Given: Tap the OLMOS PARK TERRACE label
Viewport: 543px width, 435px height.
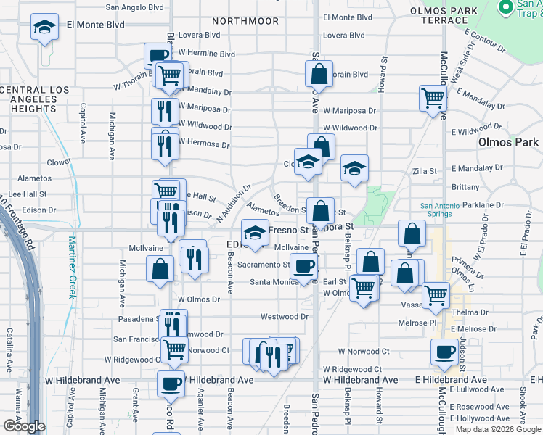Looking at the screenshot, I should (444, 15).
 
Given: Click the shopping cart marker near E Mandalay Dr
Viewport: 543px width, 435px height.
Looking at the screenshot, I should (433, 98).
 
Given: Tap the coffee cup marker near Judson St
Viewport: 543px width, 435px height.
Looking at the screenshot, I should (444, 352).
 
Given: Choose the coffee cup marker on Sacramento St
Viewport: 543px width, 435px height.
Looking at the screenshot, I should (303, 266).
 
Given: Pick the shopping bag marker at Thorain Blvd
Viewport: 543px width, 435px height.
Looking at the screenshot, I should (319, 73).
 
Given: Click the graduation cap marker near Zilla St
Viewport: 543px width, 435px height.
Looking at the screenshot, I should (354, 169).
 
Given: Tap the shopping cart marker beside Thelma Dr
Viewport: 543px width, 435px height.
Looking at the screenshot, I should (436, 294).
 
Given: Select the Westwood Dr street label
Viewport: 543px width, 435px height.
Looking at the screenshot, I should (285, 317).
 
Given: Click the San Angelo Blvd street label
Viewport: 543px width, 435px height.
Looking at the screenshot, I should (135, 7).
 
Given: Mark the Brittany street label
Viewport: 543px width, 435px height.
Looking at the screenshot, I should (465, 186).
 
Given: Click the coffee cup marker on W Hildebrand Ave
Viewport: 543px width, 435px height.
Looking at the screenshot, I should (171, 384).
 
